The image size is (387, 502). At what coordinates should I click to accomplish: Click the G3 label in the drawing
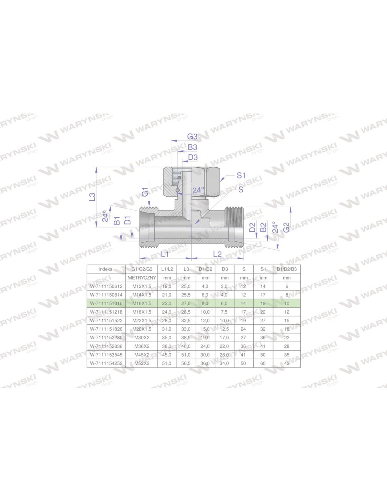click(193, 137)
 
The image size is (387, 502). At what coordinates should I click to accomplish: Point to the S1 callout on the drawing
click(241, 175)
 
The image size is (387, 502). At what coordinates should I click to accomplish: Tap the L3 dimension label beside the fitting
click(92, 197)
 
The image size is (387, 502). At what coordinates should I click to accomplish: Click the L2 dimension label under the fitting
click(218, 254)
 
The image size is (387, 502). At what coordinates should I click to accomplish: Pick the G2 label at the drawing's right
click(287, 227)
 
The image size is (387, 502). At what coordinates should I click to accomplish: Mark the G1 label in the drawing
click(145, 191)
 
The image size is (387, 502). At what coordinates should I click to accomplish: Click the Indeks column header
click(106, 269)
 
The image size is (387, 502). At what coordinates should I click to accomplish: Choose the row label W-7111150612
click(106, 286)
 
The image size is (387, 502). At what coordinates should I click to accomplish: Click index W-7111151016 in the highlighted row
click(106, 303)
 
